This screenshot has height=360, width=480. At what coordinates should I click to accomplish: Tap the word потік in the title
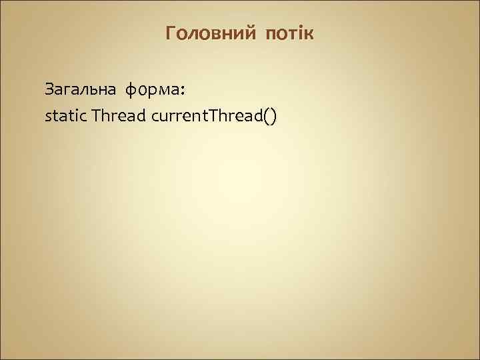pos(289,33)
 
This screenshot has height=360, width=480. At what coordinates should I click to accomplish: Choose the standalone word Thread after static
pos(120,117)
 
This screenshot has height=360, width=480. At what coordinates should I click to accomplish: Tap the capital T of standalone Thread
pos(97,116)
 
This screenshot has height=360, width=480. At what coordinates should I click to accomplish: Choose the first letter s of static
pos(47,118)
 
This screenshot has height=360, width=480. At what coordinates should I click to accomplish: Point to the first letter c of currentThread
pos(156,118)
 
